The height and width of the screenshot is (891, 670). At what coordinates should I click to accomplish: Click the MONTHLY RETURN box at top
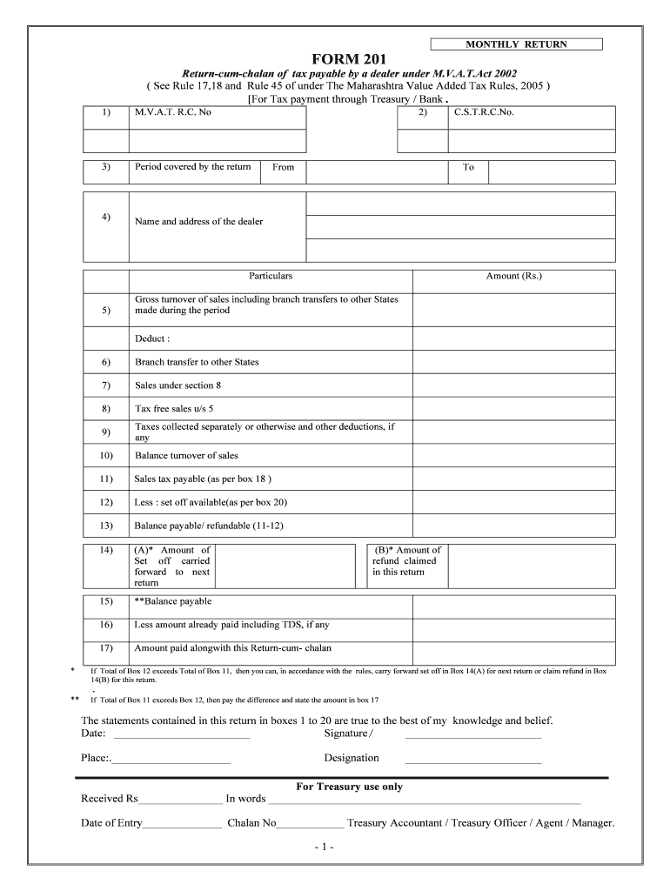point(516,44)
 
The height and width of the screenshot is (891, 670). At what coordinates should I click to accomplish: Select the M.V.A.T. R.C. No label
point(173,113)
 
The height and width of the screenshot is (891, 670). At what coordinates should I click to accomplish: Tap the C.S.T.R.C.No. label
point(484,113)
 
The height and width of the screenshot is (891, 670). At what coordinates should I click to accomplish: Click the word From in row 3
point(283,167)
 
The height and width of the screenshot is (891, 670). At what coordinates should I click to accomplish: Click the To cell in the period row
point(468,167)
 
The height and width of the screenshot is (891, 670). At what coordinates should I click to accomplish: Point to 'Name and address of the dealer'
point(198,222)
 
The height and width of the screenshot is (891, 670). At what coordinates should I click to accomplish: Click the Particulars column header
point(271,276)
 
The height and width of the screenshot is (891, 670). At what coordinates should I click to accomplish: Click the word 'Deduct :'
point(151,338)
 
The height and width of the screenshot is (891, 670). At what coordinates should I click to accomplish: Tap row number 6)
point(105,362)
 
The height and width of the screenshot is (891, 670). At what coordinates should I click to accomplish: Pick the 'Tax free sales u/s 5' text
point(174,409)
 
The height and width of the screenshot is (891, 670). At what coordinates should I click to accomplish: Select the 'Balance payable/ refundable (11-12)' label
point(209,526)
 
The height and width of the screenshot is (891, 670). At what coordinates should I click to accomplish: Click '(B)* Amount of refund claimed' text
point(406,561)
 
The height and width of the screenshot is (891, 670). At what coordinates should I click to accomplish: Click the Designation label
point(352,758)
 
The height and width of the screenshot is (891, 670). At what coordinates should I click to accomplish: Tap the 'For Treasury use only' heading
point(349,787)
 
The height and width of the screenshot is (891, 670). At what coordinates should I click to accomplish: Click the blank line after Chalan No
point(310,824)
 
